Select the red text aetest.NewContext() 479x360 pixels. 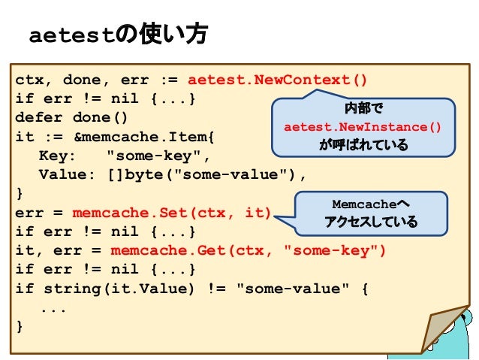tap(278, 80)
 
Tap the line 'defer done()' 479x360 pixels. tap(72, 119)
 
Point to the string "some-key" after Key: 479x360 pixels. tap(155, 156)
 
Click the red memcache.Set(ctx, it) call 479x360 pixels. tap(171, 213)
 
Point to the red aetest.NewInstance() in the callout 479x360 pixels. tap(363, 126)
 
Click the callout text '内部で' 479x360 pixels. tap(363, 108)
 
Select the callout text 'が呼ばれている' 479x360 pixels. tap(363, 144)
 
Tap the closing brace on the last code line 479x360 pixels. tap(20, 327)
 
